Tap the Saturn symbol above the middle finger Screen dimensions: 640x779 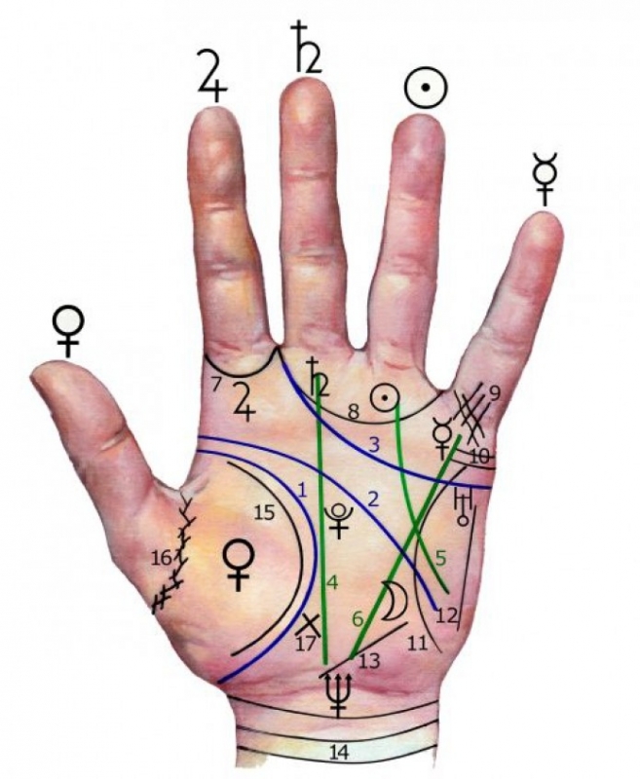click(x=307, y=47)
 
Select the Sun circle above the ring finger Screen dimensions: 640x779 click(x=426, y=88)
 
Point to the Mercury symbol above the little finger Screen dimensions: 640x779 click(x=546, y=179)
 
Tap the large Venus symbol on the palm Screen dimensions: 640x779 click(x=239, y=565)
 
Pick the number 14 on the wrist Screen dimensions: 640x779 click(x=338, y=753)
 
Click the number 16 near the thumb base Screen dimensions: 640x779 click(x=162, y=558)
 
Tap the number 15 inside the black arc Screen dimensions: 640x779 click(x=264, y=512)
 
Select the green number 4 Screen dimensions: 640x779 click(x=332, y=581)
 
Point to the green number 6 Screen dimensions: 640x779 click(x=358, y=619)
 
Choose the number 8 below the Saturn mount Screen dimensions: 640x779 click(x=353, y=412)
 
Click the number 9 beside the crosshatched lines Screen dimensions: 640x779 click(x=494, y=393)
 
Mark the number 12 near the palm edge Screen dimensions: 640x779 click(x=446, y=616)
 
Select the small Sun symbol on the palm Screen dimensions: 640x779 click(x=385, y=398)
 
